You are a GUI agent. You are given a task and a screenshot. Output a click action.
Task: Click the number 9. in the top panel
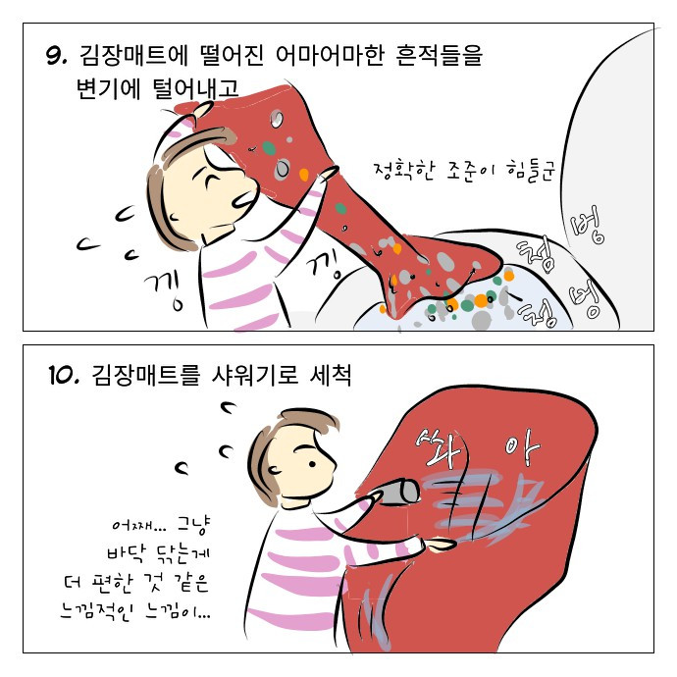tap(57, 55)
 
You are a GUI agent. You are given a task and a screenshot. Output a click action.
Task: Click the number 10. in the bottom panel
tap(65, 375)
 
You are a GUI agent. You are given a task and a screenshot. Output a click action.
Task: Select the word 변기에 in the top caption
tap(108, 88)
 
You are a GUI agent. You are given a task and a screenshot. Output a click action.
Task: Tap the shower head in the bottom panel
tap(398, 492)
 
